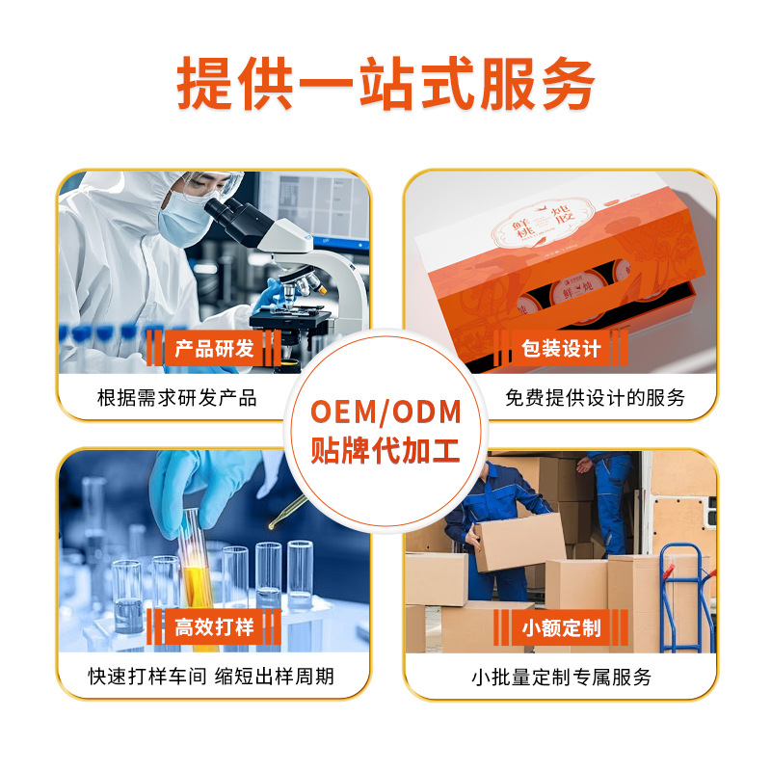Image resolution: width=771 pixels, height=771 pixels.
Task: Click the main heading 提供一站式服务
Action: click(x=386, y=83)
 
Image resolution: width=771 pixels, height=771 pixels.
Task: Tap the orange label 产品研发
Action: click(x=214, y=349)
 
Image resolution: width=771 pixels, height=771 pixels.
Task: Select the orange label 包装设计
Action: click(x=561, y=349)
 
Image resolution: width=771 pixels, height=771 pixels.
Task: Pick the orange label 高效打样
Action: click(x=214, y=627)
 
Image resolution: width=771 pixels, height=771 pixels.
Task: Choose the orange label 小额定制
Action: click(x=561, y=627)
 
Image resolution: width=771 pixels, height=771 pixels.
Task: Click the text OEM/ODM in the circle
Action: click(x=386, y=412)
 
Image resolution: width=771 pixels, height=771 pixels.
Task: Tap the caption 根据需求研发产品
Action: click(x=177, y=398)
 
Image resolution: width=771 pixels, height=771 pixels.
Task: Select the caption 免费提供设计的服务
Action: click(x=595, y=398)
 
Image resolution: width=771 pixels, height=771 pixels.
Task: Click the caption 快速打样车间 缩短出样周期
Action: click(x=211, y=677)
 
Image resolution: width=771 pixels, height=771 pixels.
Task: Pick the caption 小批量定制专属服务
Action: click(x=561, y=678)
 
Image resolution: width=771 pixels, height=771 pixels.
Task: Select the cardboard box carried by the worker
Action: click(x=519, y=542)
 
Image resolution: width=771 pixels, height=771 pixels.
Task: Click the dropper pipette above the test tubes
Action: click(x=285, y=512)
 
